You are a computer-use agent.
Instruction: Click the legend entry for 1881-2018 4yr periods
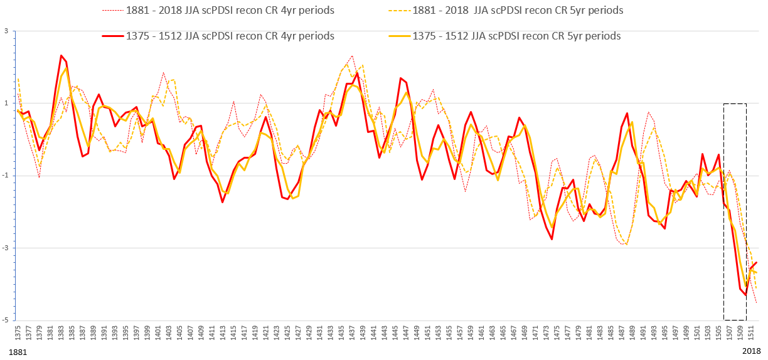click(x=230, y=11)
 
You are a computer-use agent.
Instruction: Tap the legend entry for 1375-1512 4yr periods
click(x=230, y=36)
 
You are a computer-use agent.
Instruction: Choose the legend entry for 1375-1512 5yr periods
click(x=516, y=36)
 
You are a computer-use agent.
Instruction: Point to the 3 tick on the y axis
click(x=6, y=31)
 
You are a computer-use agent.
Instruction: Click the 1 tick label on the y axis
click(x=6, y=103)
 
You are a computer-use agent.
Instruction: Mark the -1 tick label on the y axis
click(x=4, y=176)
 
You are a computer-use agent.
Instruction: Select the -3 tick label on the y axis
click(x=4, y=248)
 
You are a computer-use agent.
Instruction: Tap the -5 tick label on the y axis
click(x=4, y=320)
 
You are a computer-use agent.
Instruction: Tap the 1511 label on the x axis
click(x=751, y=334)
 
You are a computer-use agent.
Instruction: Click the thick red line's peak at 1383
click(x=61, y=55)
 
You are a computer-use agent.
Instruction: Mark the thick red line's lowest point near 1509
click(x=745, y=294)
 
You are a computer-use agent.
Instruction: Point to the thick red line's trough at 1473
click(x=552, y=239)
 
